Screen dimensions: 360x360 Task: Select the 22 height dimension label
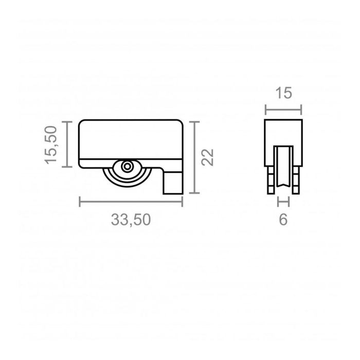tap(207, 157)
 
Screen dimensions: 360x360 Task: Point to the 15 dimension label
tap(283, 93)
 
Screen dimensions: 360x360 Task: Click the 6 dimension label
tap(283, 220)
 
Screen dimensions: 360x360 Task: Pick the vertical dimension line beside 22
tap(193, 157)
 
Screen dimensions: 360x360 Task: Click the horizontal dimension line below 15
tap(283, 109)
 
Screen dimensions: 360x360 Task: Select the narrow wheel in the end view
tap(283, 166)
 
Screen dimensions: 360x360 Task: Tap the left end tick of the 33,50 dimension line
tap(80, 202)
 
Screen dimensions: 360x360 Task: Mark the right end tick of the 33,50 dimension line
tap(183, 202)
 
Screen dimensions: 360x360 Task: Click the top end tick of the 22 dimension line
tap(193, 122)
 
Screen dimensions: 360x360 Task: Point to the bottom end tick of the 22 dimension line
tap(193, 193)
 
